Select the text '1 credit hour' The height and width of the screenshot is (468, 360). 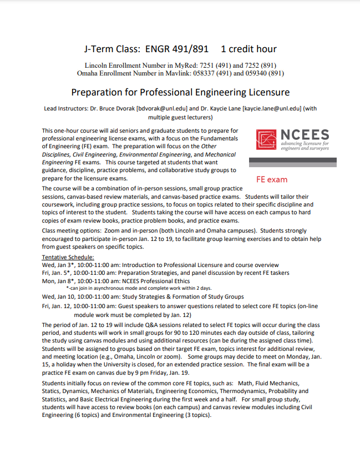tap(249, 49)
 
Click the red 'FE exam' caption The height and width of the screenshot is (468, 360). tap(272, 180)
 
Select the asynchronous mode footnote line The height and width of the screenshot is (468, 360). tap(139, 288)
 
